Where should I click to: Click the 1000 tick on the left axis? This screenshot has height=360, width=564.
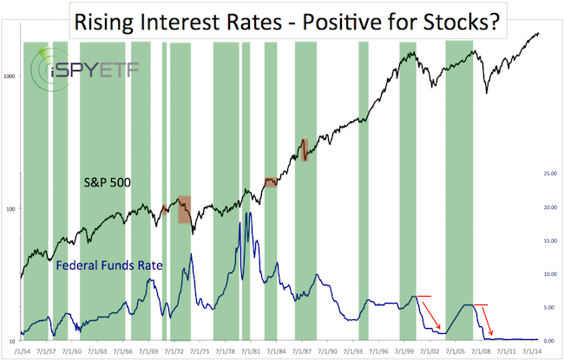12,76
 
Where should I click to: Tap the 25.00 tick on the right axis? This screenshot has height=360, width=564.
549,174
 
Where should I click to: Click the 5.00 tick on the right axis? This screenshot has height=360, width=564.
549,306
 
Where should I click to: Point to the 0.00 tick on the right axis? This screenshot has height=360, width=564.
549,339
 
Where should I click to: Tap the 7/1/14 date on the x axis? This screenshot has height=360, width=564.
527,350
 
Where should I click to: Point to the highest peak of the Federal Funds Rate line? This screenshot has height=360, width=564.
250,213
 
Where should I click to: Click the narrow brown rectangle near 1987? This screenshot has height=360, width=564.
305,149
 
